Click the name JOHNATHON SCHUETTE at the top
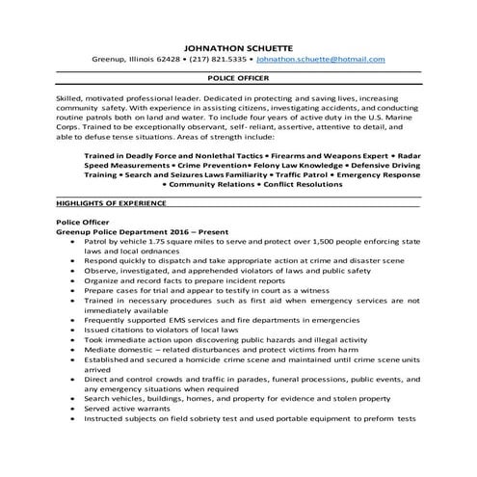pyautogui.click(x=238, y=44)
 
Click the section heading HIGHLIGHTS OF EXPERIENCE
pyautogui.click(x=112, y=205)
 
